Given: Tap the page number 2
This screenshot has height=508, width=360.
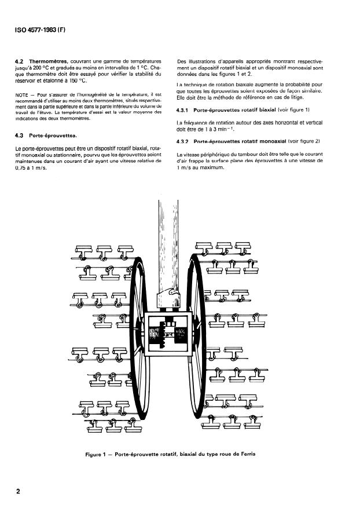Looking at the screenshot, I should point(19,492).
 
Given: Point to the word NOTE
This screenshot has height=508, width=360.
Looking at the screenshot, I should point(21,94).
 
